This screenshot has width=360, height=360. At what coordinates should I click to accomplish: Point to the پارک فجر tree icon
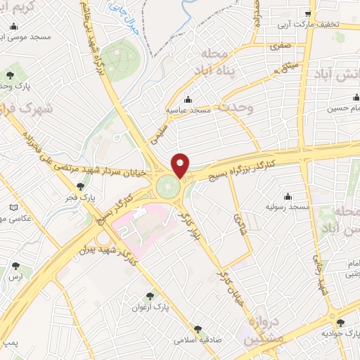pos(82,186)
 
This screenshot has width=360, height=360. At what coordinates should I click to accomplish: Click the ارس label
pos(16,278)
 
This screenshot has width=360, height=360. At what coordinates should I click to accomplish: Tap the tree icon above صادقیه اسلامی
pos(198,328)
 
